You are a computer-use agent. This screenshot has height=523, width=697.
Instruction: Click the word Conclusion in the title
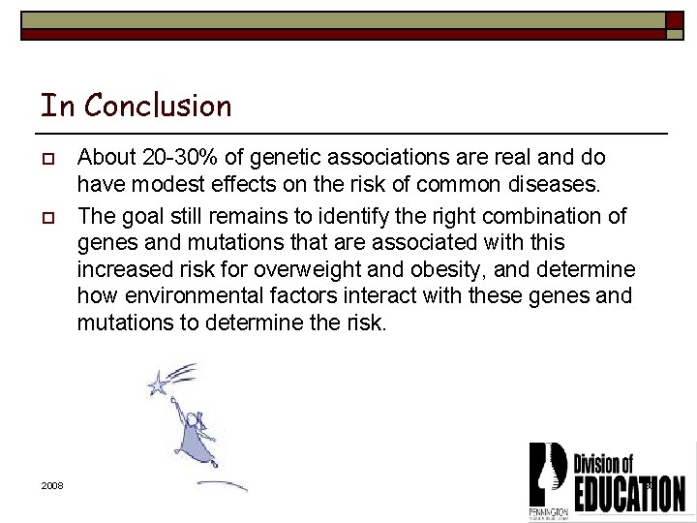pyautogui.click(x=158, y=105)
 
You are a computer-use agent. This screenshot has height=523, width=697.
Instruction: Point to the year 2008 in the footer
pyautogui.click(x=52, y=485)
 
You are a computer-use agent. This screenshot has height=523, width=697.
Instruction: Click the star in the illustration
pyautogui.click(x=157, y=385)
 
